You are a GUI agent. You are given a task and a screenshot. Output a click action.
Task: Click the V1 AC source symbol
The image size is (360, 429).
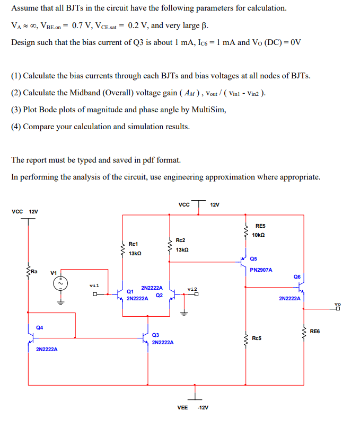(60, 284)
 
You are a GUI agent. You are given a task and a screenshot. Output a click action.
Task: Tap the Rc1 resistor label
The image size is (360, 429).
(133, 244)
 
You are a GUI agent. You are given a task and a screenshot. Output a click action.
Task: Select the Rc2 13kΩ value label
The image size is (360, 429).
(181, 249)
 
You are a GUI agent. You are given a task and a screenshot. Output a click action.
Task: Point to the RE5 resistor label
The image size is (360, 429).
(260, 225)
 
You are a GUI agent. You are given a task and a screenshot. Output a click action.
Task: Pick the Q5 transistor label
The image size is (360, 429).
(253, 259)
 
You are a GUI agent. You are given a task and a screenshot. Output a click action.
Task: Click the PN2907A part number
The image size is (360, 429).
(261, 270)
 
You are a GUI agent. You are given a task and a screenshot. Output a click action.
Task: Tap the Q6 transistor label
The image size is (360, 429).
(296, 276)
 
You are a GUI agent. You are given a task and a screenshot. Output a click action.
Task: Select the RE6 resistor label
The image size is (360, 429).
(315, 332)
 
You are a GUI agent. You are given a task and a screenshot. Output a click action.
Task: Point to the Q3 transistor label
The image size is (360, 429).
(155, 335)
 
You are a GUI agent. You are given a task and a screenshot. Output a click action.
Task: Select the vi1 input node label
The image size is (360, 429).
(94, 285)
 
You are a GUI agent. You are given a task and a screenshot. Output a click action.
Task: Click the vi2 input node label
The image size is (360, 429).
(192, 289)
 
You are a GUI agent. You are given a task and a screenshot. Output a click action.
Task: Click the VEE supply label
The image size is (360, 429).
(182, 408)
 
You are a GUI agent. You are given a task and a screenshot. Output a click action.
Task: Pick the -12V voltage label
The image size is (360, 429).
(203, 408)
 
